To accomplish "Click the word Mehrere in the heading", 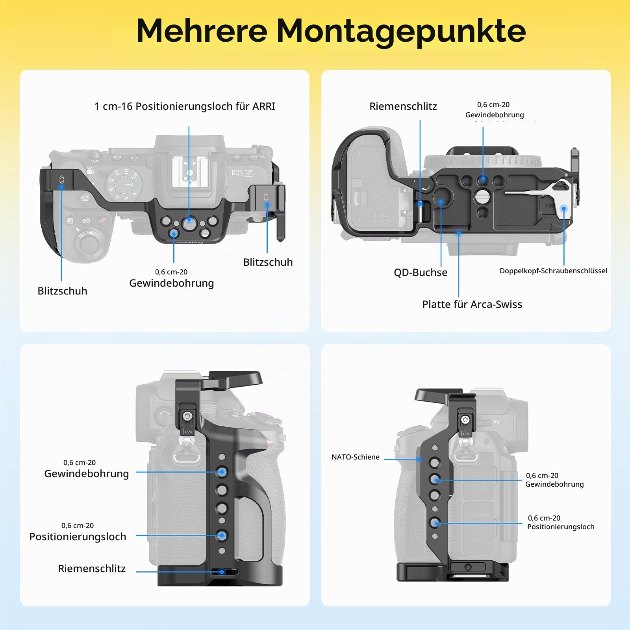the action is coord(202,30).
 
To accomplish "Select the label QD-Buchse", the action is coord(421,272).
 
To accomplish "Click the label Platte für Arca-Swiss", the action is coord(472,304).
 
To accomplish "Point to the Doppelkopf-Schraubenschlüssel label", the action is coord(553,271).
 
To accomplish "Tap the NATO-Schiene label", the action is coord(356,457).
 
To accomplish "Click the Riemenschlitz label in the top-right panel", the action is coord(403,106).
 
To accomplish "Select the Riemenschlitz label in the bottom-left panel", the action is coord(92,569).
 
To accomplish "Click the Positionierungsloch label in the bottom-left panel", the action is coord(78,537).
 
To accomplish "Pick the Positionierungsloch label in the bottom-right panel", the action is coord(561,527).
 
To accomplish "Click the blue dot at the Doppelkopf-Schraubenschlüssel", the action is coord(564,209).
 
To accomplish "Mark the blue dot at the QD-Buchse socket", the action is coord(441,202).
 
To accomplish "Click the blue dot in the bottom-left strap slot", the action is coord(222,572).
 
